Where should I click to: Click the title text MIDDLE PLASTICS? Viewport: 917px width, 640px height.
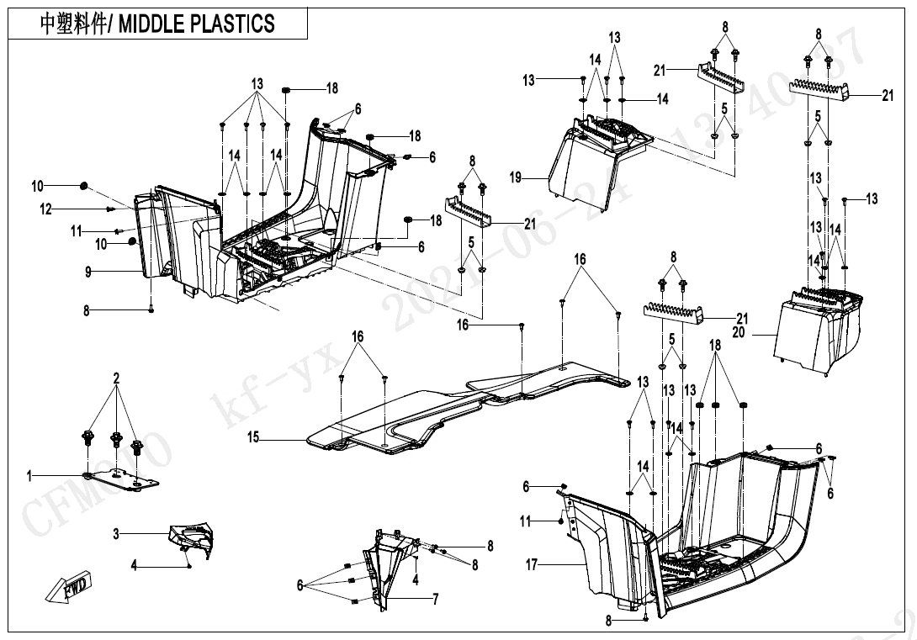coord(197,24)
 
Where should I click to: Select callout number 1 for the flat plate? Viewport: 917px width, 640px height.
coord(29,477)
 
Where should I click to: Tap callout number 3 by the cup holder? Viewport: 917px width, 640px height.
coord(116,534)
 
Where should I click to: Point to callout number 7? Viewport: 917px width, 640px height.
coord(435,599)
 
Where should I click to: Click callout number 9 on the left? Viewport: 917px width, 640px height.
coord(87,272)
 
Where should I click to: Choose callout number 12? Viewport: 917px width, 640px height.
coord(46,209)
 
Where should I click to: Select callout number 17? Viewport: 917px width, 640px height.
coord(531,565)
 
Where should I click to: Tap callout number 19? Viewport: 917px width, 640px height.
coord(516,177)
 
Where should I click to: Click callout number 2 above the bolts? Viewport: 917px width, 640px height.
coord(116,379)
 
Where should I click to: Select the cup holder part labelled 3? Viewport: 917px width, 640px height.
coord(192,537)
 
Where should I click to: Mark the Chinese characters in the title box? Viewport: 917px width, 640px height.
coord(74,24)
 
